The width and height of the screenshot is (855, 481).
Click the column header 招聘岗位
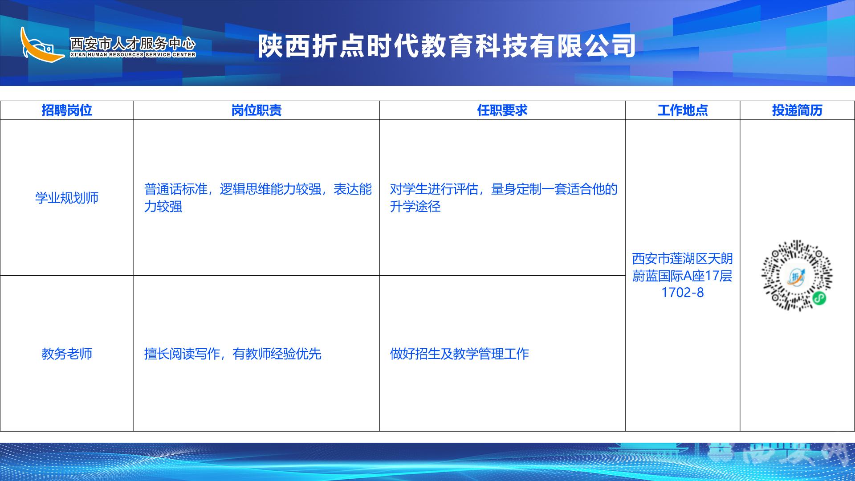tap(67, 110)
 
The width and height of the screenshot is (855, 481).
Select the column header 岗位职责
tap(256, 110)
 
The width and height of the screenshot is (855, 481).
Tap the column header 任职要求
tap(502, 110)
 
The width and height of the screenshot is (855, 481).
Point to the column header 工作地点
tap(683, 110)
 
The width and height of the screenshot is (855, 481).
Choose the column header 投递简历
tap(797, 110)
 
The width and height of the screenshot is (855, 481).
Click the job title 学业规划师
tap(67, 198)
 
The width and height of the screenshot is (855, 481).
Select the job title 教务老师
tap(67, 354)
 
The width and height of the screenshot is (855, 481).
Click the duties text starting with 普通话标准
tap(258, 198)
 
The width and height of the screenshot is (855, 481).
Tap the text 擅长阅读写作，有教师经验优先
tap(232, 354)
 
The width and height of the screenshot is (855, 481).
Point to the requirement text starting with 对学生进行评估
tap(504, 198)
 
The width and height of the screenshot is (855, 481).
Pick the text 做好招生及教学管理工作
tap(459, 354)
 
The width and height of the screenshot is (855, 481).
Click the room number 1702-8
tap(683, 293)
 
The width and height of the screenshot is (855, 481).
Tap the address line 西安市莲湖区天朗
tap(683, 259)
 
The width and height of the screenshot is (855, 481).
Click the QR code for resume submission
tap(797, 276)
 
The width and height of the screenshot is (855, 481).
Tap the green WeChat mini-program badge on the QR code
tap(819, 298)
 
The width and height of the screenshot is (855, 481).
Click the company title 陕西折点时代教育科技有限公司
tap(447, 46)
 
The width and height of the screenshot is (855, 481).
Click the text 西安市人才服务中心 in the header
tap(133, 44)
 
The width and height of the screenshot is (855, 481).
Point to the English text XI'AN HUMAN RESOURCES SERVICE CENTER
tap(133, 55)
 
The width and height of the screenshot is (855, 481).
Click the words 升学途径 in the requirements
tap(415, 207)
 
